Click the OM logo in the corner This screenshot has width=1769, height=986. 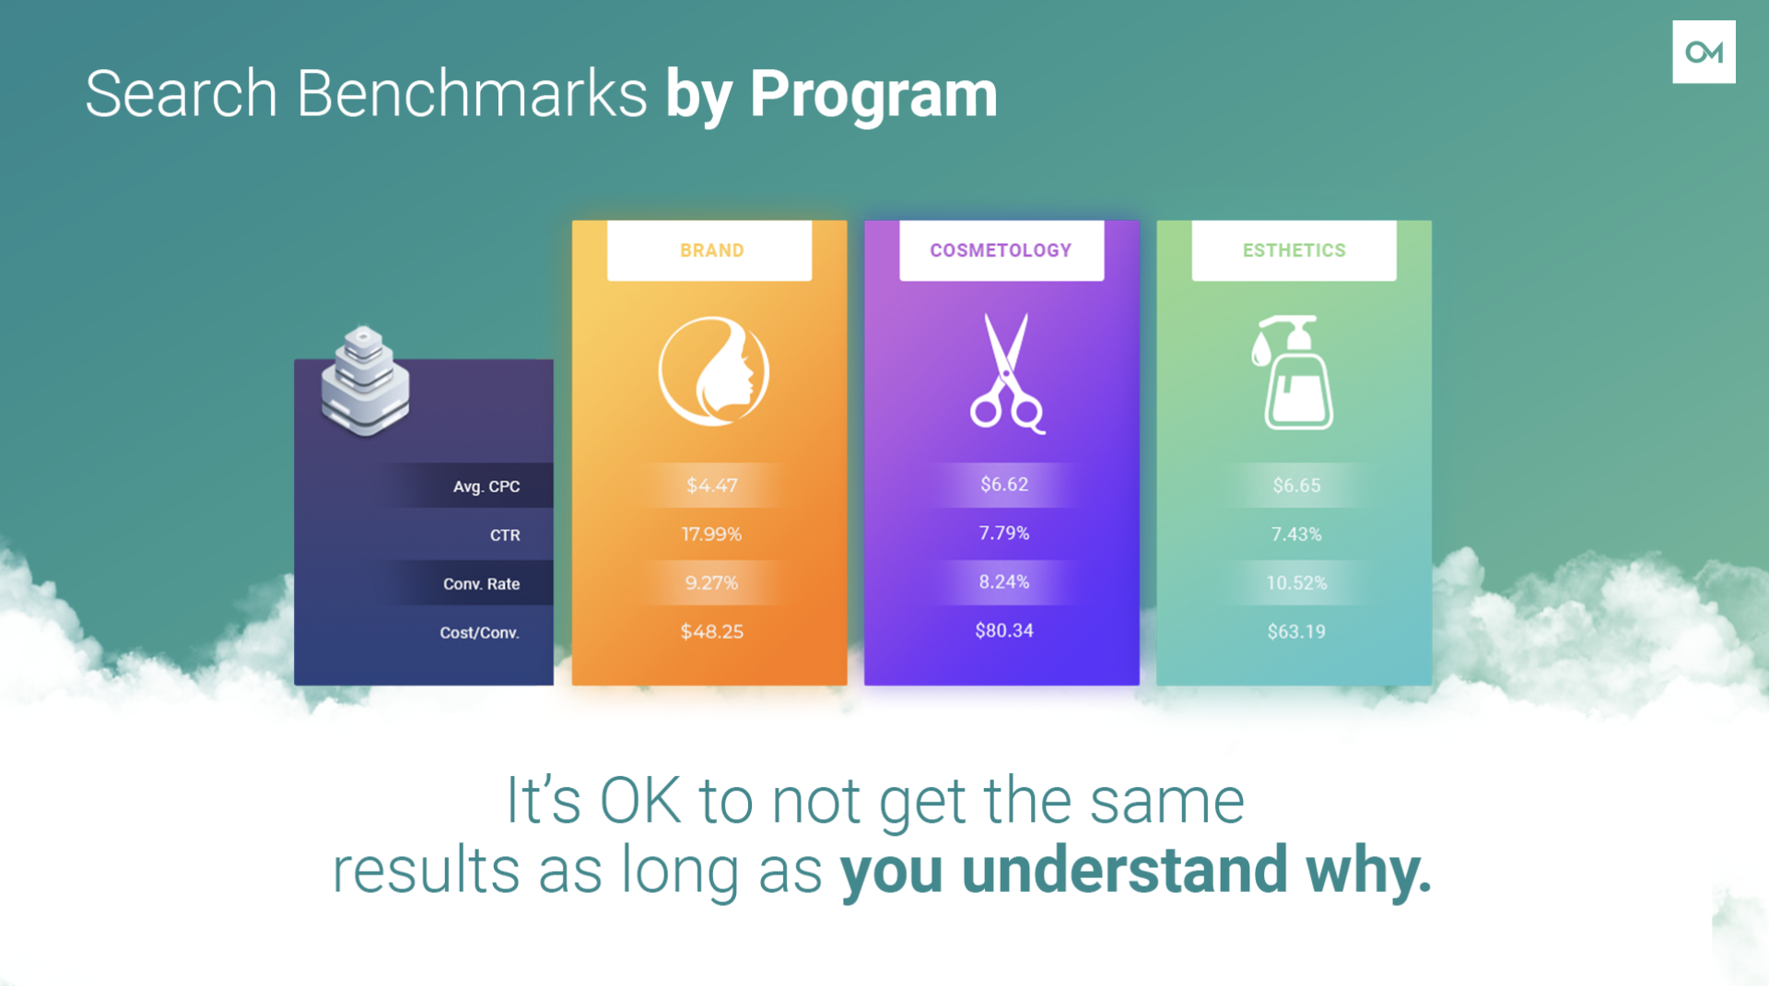click(x=1704, y=53)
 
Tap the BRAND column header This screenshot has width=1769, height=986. click(x=711, y=251)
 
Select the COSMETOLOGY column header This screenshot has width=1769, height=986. click(x=1002, y=251)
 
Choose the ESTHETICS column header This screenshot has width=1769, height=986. click(x=1294, y=251)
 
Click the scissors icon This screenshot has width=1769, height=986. click(x=1005, y=373)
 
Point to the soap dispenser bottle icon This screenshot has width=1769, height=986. click(x=1294, y=372)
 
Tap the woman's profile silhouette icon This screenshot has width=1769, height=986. click(x=713, y=371)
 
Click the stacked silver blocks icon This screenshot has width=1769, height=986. click(x=365, y=380)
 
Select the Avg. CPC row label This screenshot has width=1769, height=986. click(x=486, y=487)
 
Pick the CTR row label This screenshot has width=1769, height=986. click(x=505, y=535)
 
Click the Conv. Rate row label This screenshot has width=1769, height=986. click(x=481, y=584)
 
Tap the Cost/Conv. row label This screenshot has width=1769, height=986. click(x=479, y=633)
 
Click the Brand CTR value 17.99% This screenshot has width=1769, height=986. click(x=711, y=534)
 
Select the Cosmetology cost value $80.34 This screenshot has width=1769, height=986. click(x=1004, y=631)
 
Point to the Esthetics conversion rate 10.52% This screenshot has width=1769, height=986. click(x=1296, y=583)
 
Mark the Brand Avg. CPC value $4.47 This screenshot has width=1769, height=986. click(x=711, y=486)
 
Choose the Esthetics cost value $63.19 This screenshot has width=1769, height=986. click(x=1296, y=632)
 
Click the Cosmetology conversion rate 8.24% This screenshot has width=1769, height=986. click(x=1004, y=582)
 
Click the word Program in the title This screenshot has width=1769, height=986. click(x=873, y=96)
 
